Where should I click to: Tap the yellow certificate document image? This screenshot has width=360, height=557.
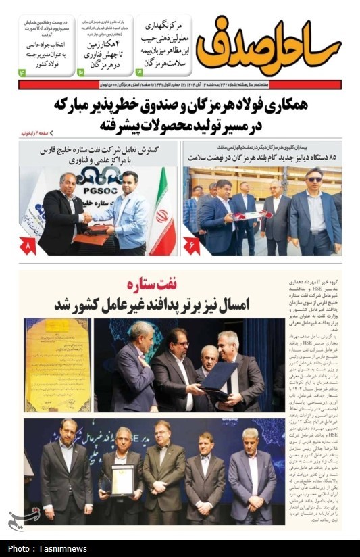[x=57, y=365]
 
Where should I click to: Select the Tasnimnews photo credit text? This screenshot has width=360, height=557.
[x=41, y=548]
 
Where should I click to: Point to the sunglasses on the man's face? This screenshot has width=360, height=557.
[x=315, y=179]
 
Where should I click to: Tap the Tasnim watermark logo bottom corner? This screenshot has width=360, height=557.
[x=15, y=519]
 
